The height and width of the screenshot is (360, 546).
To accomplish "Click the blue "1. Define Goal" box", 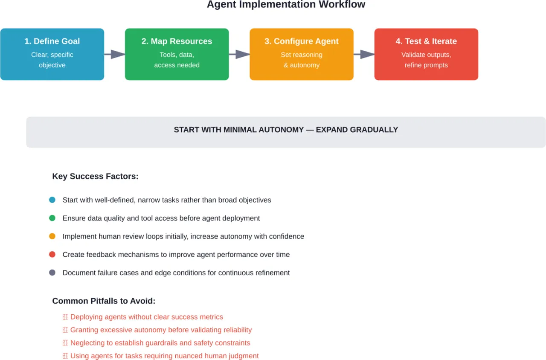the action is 52,54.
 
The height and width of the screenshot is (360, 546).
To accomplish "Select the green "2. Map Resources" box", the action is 177,54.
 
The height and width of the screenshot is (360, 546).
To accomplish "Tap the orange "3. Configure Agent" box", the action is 301,54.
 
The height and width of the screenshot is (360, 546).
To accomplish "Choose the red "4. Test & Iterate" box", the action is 426,54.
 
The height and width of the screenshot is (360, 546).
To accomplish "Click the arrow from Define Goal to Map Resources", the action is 114,54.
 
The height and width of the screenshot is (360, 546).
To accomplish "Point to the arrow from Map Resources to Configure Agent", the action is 239,54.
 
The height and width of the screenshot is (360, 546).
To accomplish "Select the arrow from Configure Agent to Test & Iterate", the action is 364,54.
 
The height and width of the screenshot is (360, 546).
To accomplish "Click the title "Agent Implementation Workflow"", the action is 286,5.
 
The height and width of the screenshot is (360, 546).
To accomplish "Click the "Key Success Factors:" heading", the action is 95,176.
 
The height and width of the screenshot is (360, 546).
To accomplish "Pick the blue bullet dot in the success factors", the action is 52,200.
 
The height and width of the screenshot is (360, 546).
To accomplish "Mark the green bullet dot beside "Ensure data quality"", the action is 52,218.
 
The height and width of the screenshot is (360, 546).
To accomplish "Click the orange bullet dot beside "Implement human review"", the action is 52,236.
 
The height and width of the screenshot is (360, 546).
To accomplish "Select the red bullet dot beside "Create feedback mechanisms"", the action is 52,255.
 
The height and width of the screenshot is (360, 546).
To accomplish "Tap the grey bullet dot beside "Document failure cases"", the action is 52,273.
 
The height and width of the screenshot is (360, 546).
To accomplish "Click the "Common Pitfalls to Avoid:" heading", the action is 104,301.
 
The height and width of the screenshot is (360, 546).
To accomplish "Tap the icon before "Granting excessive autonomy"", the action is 65,330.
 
